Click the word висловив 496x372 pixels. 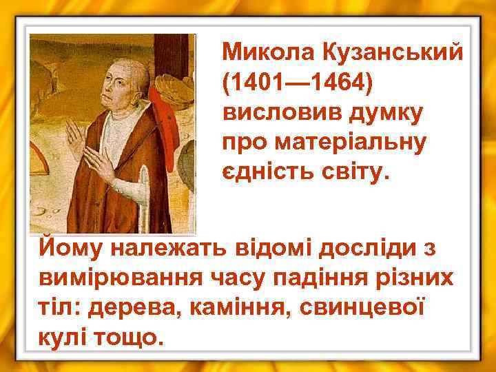click(276, 112)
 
